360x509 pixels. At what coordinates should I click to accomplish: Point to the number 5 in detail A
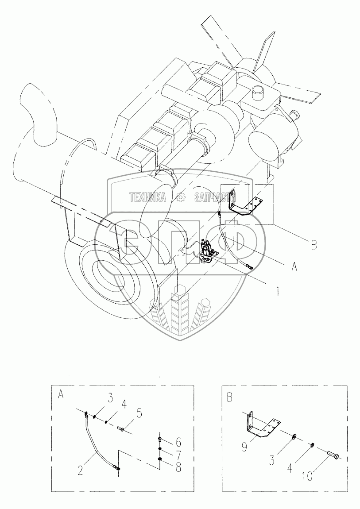[139, 414]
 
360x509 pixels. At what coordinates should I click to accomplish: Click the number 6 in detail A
[178, 442]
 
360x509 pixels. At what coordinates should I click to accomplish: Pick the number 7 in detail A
[178, 455]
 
